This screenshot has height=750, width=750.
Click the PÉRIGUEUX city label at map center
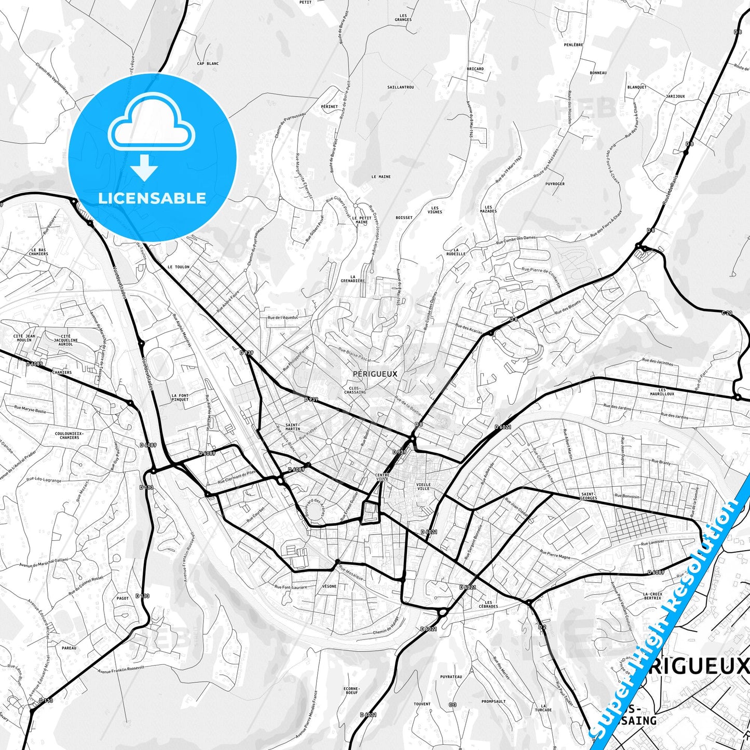(x=374, y=374)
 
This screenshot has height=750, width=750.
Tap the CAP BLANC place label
(x=208, y=64)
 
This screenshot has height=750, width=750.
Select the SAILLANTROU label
(x=401, y=87)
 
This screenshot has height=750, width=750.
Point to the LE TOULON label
(x=179, y=267)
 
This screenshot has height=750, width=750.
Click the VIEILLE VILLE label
(x=423, y=486)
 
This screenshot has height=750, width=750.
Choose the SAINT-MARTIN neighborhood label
(x=293, y=427)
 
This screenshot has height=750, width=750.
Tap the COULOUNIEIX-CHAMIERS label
(x=69, y=435)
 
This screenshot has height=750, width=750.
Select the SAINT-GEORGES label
(x=588, y=496)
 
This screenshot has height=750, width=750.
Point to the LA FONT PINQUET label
(x=180, y=398)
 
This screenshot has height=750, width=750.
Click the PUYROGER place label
(x=555, y=184)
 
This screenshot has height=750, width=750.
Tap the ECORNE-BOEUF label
(x=351, y=690)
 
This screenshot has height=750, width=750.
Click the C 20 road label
(x=727, y=313)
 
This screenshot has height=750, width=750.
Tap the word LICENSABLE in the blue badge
(x=152, y=198)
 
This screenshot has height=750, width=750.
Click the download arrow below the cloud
(x=144, y=168)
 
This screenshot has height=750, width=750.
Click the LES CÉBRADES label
(x=488, y=604)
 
